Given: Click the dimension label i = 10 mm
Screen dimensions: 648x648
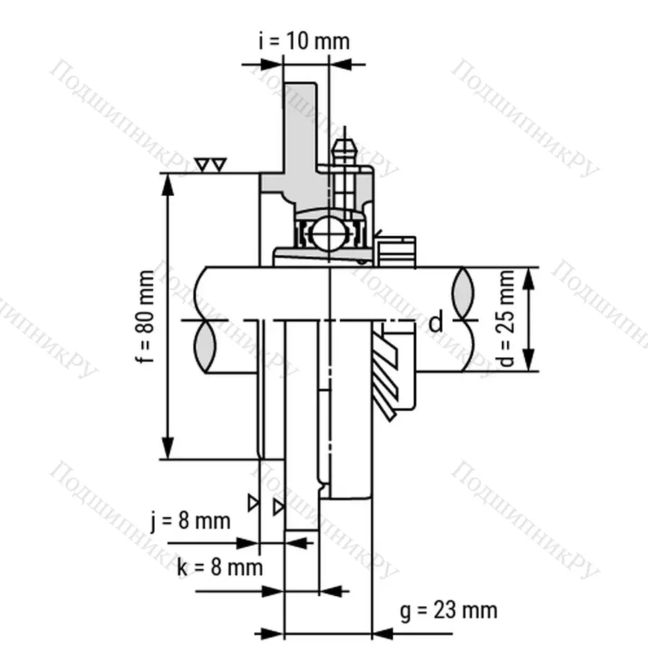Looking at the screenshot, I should click(x=303, y=41).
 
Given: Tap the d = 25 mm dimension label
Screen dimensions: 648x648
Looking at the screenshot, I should click(x=508, y=318).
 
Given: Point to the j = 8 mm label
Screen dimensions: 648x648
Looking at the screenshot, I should click(x=191, y=521).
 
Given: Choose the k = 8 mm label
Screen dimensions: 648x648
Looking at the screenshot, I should click(x=220, y=567).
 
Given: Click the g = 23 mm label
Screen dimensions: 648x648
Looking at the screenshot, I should click(x=449, y=611).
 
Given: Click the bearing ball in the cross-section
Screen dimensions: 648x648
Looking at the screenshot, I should click(x=329, y=235).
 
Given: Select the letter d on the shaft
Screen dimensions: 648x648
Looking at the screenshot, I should click(x=436, y=323).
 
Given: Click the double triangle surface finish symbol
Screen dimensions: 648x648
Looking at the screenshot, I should click(x=212, y=166).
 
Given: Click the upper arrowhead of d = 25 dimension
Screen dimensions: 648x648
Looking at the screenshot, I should click(x=530, y=278).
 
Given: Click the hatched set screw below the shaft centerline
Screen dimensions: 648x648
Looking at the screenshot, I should click(x=389, y=374).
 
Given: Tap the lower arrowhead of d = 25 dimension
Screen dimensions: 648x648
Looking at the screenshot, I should click(x=530, y=361).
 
